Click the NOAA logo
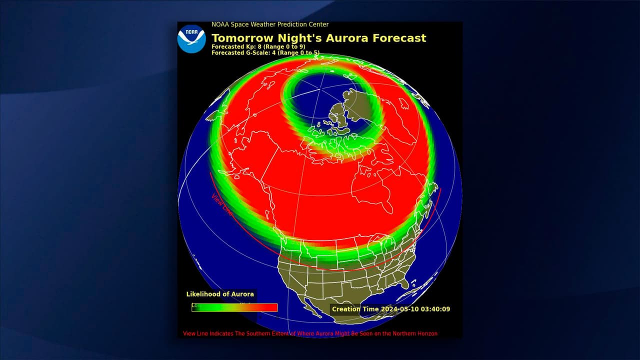tap(191, 39)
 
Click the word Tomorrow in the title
tap(239, 38)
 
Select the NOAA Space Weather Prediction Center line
tap(270, 24)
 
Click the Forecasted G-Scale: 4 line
tap(265, 52)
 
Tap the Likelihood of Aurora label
tap(220, 294)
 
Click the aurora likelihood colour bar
tap(234, 307)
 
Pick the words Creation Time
tap(355, 309)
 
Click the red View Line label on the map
tap(222, 204)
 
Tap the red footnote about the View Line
tap(310, 333)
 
